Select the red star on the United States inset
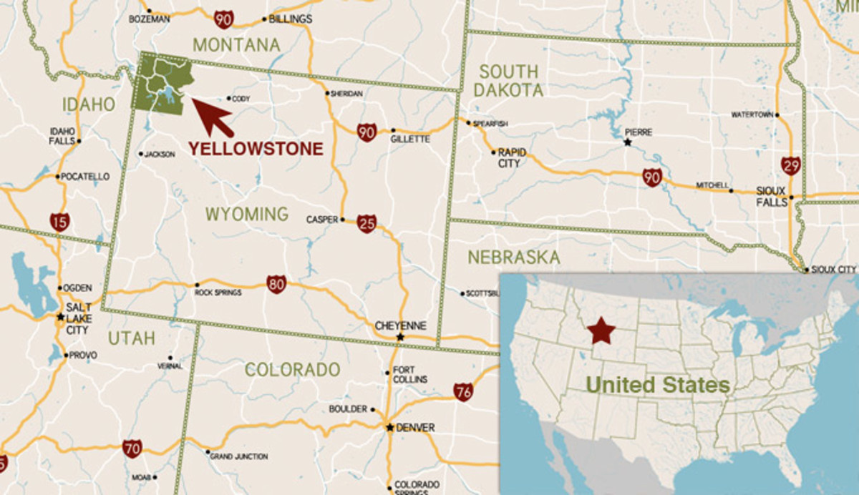click(601, 332)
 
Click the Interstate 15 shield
click(60, 221)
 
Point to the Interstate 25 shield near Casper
click(366, 223)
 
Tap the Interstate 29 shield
click(791, 166)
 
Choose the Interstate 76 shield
click(463, 391)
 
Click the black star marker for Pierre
click(628, 142)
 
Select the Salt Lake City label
click(77, 318)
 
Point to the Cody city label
click(241, 99)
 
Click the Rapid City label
click(512, 157)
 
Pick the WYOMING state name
click(246, 214)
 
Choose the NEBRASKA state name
click(513, 258)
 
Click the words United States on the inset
click(658, 386)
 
